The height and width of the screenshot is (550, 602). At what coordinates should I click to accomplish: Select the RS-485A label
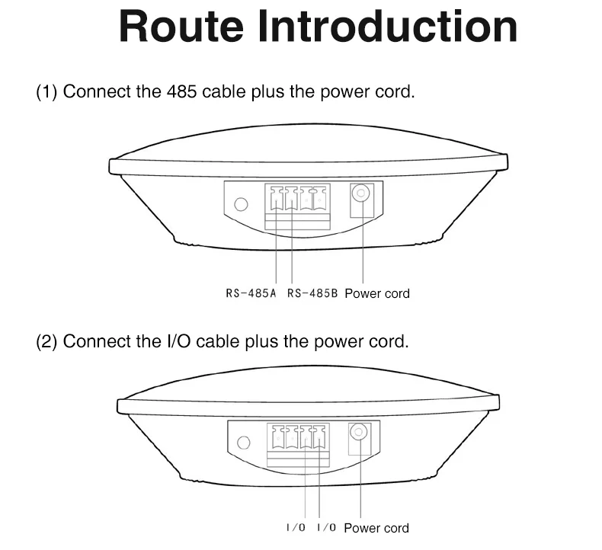(251, 293)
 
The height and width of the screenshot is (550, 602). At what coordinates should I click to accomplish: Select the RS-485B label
(312, 293)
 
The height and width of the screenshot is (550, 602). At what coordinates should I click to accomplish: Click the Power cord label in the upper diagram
(376, 293)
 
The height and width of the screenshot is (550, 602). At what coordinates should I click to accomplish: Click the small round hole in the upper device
(242, 204)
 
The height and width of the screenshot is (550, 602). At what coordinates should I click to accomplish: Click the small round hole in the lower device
(244, 443)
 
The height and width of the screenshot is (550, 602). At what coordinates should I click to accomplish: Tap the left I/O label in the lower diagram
(296, 528)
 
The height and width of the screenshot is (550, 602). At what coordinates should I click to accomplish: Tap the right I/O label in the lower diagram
(325, 528)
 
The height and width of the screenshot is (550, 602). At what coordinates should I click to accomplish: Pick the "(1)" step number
(47, 92)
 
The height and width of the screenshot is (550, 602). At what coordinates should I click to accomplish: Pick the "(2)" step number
(47, 341)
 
